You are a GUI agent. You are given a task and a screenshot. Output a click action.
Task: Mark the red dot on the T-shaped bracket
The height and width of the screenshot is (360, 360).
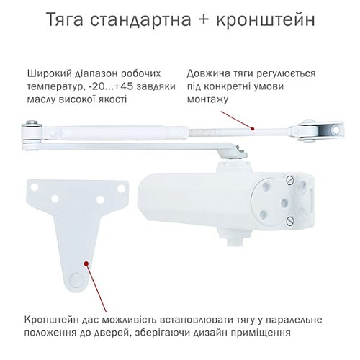86,264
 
